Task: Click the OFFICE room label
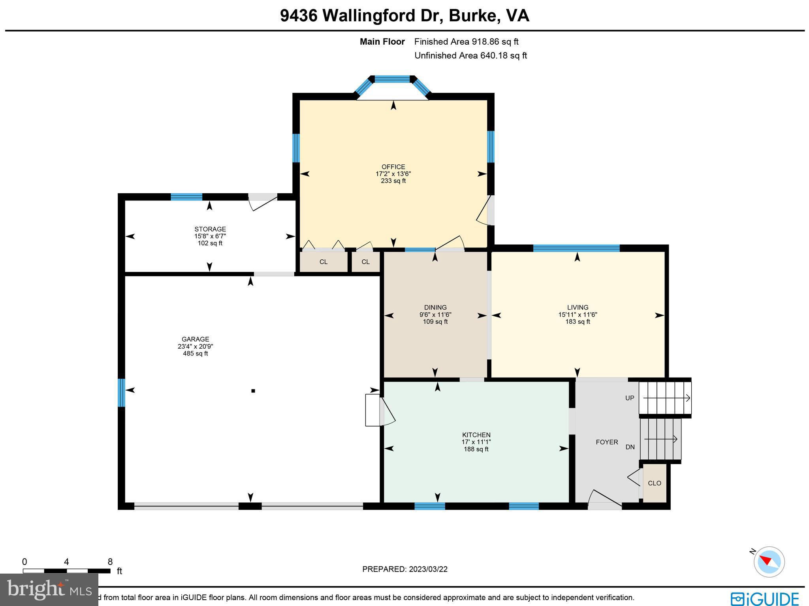pos(393,167)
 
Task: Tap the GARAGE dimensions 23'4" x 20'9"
pos(195,346)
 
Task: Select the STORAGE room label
pos(210,229)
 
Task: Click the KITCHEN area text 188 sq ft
pos(476,449)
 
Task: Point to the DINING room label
pos(435,308)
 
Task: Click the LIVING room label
pos(578,308)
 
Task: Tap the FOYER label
pos(607,442)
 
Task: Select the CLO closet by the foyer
pos(654,483)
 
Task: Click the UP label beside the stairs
pos(630,398)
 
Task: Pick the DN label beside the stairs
pos(630,447)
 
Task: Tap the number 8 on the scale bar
pos(110,562)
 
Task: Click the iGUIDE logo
pos(764,599)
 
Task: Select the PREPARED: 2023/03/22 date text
pos(404,569)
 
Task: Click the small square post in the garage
pos(253,391)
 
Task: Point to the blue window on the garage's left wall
pos(122,393)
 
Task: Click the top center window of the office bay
pos(392,79)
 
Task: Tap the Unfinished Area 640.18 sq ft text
pos(470,56)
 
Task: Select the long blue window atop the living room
pos(576,248)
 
